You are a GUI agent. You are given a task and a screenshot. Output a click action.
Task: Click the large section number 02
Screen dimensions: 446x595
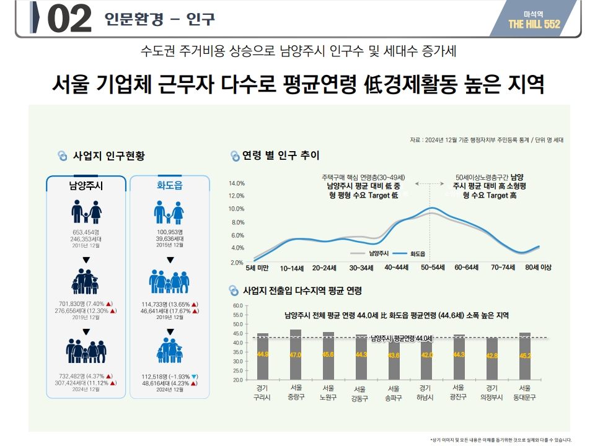tap(69, 19)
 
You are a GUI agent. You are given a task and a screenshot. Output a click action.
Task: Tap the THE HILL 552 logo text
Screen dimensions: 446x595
tap(534, 24)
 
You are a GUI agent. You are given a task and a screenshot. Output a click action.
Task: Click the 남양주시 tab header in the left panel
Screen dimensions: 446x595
tap(86, 185)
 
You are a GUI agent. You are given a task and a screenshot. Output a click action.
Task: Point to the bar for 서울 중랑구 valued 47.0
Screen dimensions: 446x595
tap(296, 354)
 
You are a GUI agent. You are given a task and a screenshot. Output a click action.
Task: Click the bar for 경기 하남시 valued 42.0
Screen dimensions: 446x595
tap(427, 359)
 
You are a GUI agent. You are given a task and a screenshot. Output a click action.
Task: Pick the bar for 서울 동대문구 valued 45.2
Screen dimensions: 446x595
tap(525, 356)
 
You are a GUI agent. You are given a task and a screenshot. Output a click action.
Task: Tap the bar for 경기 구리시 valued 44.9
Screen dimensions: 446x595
tap(263, 356)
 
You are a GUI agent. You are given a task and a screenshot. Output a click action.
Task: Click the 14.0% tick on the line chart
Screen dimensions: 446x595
tap(237, 183)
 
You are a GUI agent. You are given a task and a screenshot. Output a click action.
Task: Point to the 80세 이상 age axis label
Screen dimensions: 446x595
tap(537, 268)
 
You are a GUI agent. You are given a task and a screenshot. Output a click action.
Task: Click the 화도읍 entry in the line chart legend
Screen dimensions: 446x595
tap(418, 253)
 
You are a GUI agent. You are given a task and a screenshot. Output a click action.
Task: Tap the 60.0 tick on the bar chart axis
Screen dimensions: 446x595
tap(238, 306)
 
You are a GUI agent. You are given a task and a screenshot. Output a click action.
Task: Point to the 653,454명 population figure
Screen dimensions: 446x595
tap(86, 232)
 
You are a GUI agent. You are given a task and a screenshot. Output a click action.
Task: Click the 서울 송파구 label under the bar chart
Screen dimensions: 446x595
tap(394, 393)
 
